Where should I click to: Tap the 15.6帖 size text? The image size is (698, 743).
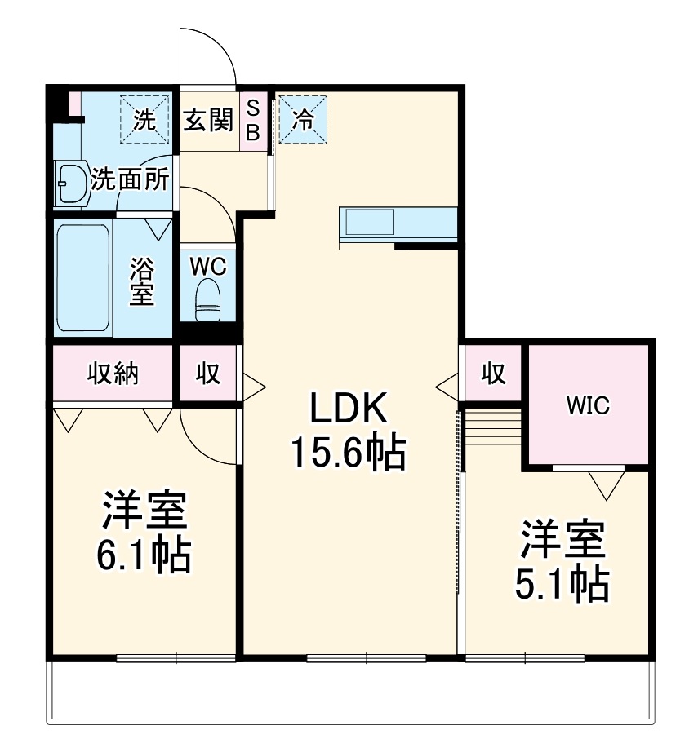(x=349, y=453)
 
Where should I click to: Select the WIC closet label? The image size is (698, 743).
(x=589, y=405)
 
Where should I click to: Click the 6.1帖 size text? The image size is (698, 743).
(x=144, y=556)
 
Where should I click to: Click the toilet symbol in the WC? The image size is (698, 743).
(x=208, y=299)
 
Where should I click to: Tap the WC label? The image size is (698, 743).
(x=208, y=266)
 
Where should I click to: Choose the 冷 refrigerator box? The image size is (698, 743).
(x=302, y=119)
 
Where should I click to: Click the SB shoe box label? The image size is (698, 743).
(x=252, y=119)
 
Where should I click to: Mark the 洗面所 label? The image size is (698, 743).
(x=131, y=179)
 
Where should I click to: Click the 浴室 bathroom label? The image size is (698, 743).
(x=141, y=281)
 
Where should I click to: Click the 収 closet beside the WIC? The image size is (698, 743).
(x=492, y=374)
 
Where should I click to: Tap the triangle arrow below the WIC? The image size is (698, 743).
(x=606, y=487)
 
